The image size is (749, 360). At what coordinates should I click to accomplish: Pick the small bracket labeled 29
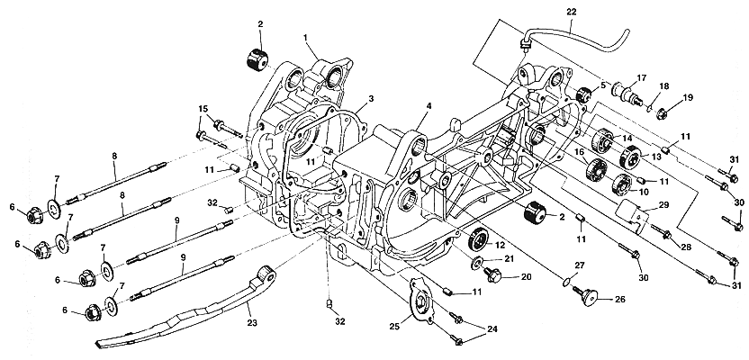(634, 220)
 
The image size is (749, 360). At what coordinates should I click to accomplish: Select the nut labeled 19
(662, 113)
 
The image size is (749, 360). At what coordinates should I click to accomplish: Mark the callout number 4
(429, 105)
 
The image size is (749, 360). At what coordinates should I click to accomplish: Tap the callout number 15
(204, 109)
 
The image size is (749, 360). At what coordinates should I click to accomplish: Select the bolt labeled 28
(668, 237)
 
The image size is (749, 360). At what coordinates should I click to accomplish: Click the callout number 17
(642, 76)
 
